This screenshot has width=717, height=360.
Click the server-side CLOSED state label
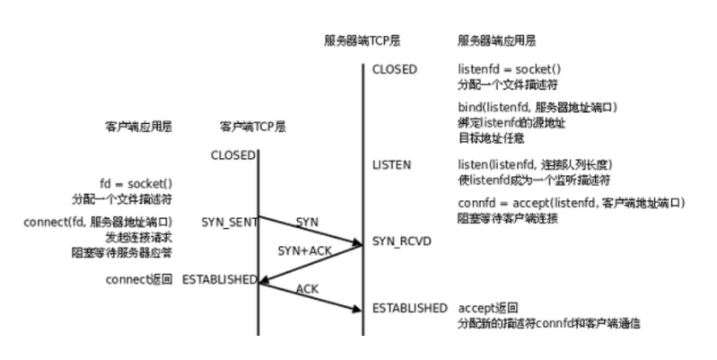pos(395,70)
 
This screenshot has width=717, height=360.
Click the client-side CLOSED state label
pos(232,155)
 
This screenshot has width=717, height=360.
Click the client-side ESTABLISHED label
pos(219,279)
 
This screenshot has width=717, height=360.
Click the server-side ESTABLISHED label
pos(410,308)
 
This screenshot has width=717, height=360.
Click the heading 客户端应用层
pos(138,127)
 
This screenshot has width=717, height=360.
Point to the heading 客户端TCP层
pos(253,127)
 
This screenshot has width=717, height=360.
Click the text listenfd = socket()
pos(508,70)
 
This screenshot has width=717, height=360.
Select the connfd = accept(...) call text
pos(571,203)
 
